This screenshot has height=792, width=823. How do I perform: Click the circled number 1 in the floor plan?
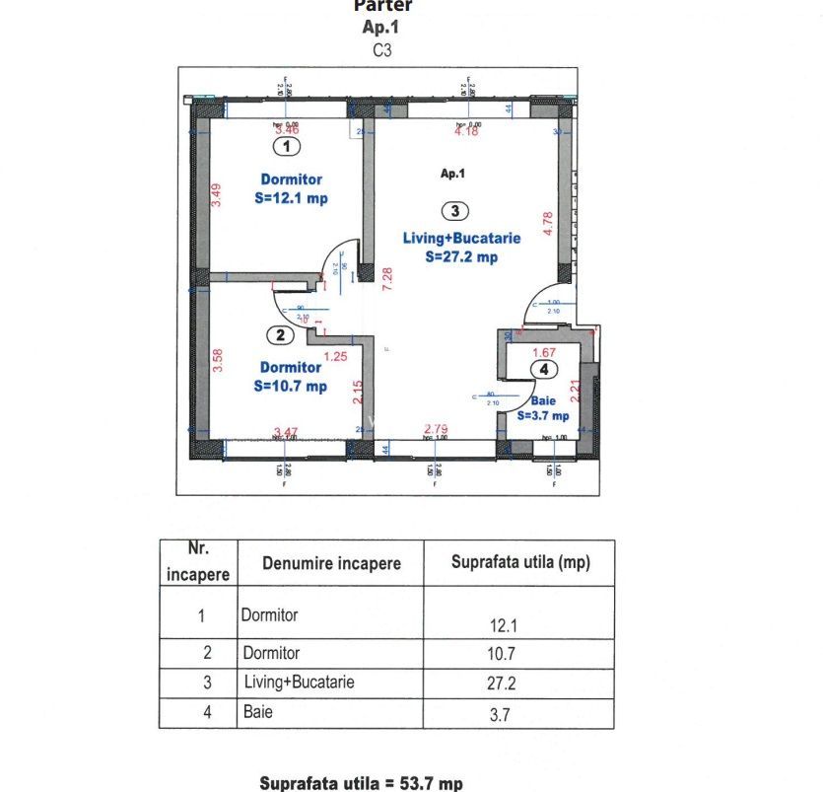coord(286,147)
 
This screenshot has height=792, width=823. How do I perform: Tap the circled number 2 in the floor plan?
coord(281,335)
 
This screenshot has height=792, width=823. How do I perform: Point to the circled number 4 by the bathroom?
coord(542,369)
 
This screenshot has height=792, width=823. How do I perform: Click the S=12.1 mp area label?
coord(291,198)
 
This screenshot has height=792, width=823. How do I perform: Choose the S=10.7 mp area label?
coord(290,387)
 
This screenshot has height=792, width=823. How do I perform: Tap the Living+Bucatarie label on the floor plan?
coord(461,238)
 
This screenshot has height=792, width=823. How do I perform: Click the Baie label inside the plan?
coord(543,401)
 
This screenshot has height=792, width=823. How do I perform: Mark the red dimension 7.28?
coord(388,280)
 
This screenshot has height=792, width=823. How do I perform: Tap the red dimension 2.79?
coord(437,429)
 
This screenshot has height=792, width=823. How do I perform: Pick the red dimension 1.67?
coord(544,352)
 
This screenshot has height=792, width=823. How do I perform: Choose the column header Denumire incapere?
coord(331,563)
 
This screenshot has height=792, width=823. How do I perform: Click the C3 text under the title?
coord(382,49)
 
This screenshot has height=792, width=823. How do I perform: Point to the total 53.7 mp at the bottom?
coord(360,783)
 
